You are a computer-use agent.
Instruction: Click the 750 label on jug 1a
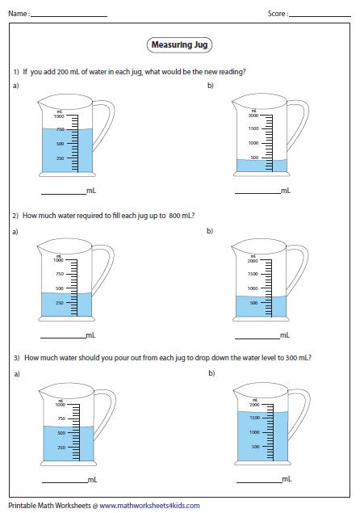point(59,129)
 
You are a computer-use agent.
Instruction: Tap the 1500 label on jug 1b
point(253,129)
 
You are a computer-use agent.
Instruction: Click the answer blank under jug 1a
point(62,192)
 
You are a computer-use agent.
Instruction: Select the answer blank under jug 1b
point(257,192)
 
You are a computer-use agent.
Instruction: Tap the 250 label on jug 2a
point(59,302)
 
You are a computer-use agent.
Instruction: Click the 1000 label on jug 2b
point(253,288)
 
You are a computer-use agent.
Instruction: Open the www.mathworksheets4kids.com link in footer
point(149,505)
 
